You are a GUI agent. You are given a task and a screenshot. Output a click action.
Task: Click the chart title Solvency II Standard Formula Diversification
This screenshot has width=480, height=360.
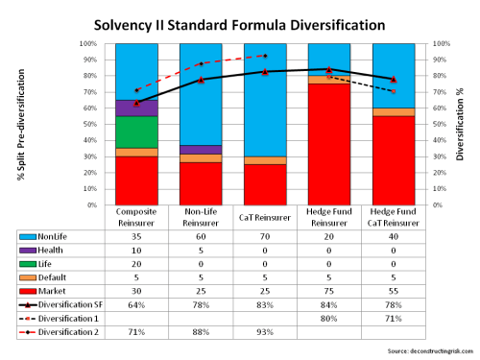[240, 21]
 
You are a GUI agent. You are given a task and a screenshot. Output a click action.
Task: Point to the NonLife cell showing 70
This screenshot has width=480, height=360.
[260, 235]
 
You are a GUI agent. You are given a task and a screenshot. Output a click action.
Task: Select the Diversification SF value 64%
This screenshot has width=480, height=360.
[137, 304]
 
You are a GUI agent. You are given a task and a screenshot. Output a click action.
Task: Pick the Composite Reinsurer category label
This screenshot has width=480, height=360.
[137, 217]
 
